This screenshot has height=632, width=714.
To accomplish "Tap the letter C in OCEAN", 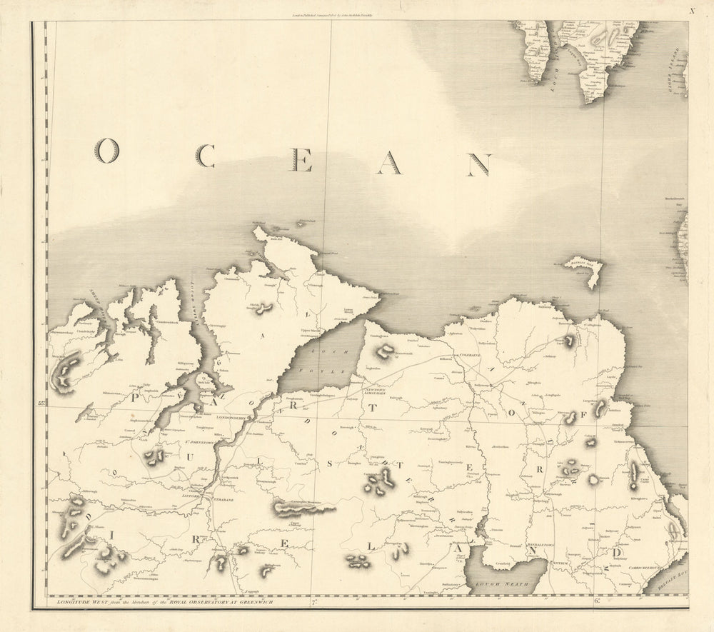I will coord(205,155).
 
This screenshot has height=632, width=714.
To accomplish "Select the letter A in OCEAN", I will coord(389,164).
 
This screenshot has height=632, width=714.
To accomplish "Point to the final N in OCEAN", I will coord(478,165).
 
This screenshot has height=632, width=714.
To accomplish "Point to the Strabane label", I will coord(223,500).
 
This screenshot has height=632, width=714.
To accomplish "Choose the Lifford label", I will coord(191,495).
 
